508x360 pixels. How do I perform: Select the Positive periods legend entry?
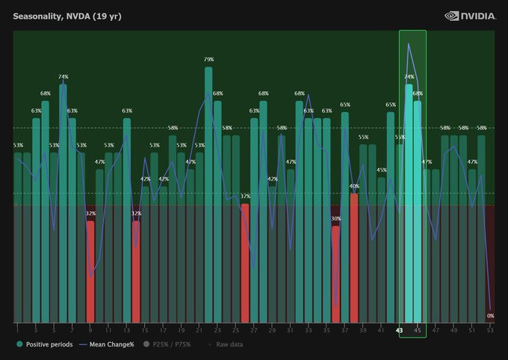point(46,344)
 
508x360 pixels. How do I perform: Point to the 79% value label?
point(208,59)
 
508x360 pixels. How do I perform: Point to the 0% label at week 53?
point(491,316)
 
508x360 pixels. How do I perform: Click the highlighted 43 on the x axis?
point(400,329)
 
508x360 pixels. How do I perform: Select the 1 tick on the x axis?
point(16,329)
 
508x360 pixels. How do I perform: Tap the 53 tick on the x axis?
point(490,329)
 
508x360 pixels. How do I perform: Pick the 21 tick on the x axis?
point(199,329)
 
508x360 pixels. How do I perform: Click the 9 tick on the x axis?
point(90,329)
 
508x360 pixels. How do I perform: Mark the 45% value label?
point(381,170)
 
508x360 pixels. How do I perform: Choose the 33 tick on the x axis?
point(308,329)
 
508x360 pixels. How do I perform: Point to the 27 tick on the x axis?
point(254,329)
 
